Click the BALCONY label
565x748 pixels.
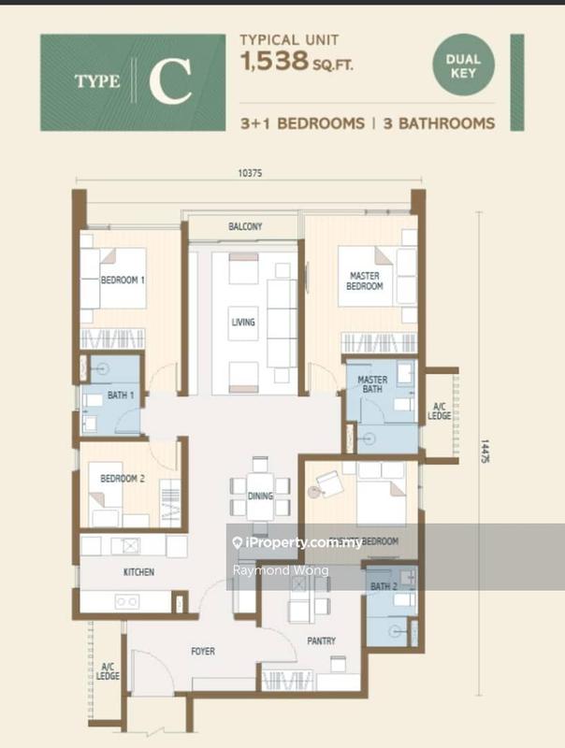pos(245,227)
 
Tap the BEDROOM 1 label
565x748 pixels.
pos(123,280)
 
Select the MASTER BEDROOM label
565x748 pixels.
pos(365,280)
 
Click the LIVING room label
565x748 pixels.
pos(243,323)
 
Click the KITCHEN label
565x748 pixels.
pos(138,571)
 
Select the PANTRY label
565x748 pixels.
pos(321,641)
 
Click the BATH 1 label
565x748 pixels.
pos(119,396)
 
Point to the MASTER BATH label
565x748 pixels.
pos(373,384)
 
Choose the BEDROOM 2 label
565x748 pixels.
pos(122,479)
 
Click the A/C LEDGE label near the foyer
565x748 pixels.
pos(109,670)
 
